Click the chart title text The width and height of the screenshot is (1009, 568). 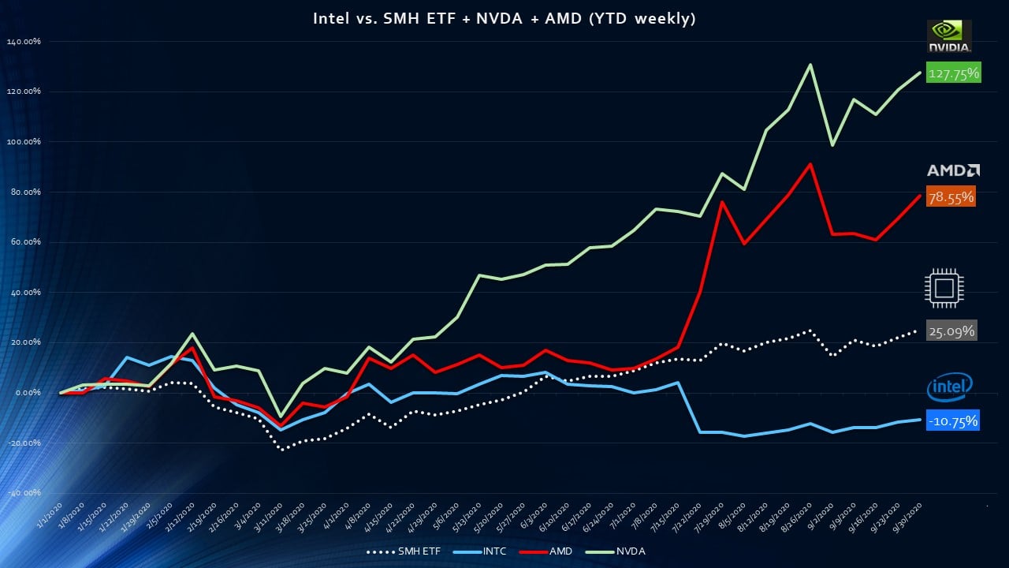[x=504, y=19]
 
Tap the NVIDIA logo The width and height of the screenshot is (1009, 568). [x=950, y=36]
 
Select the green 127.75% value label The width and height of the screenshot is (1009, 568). [x=953, y=74]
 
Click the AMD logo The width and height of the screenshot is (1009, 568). [x=953, y=170]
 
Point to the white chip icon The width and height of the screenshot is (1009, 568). [x=944, y=288]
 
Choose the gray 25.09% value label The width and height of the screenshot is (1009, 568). [x=952, y=331]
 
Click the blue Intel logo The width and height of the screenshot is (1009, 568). [x=949, y=387]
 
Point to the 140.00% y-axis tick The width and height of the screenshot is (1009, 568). [x=24, y=41]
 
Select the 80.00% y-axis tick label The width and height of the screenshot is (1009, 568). [x=24, y=192]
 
